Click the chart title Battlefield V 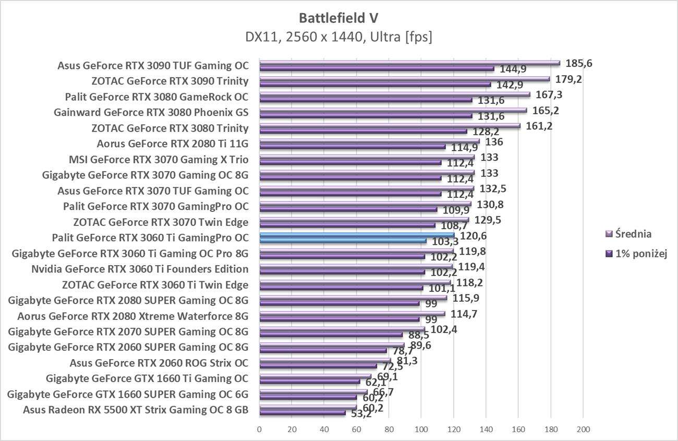338,18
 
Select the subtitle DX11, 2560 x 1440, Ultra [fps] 338,37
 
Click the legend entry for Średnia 633,234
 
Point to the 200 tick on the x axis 583,430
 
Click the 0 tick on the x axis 260,430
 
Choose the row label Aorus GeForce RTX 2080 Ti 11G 173,144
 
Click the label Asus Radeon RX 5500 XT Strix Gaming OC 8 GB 136,410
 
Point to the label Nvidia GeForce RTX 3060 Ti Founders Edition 140,269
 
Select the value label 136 493,142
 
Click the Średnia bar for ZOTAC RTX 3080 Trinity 390,126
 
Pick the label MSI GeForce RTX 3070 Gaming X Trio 159,160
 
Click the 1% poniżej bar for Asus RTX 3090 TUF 377,69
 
